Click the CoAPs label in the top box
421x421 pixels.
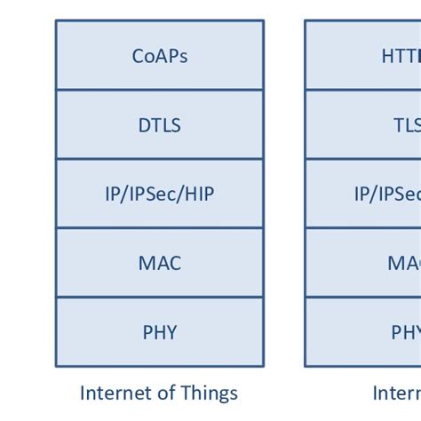pos(160,56)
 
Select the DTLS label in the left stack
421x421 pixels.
pos(160,125)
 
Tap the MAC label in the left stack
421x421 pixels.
pos(160,264)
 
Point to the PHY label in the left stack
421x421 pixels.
pos(160,333)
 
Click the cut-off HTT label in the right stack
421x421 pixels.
pos(401,56)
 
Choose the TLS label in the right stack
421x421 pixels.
pos(407,125)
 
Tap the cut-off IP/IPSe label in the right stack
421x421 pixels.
pos(387,195)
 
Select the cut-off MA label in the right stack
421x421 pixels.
pos(404,264)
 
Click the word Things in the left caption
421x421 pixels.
pos(210,393)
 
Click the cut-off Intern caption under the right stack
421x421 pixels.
pos(396,393)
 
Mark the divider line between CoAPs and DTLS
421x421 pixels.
pos(160,90)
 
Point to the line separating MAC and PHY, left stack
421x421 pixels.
pos(160,298)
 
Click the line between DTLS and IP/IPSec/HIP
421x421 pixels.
pos(160,159)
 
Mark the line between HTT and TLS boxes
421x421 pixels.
pos(364,90)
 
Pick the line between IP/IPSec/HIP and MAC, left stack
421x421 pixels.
pos(160,228)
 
